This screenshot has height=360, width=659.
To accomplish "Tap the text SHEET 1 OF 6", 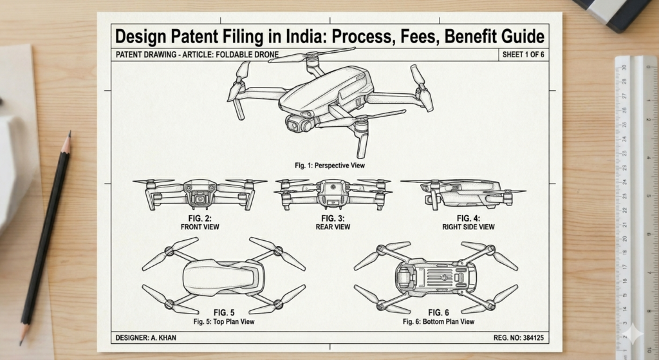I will (523, 55).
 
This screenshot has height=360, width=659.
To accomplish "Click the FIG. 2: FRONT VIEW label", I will (201, 223).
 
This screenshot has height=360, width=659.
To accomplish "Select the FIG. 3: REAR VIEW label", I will (332, 223).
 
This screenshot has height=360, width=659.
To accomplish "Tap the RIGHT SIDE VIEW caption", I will (468, 227).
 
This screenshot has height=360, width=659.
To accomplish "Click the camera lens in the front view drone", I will (201, 199).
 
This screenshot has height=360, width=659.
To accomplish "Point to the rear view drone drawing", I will (333, 193).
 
